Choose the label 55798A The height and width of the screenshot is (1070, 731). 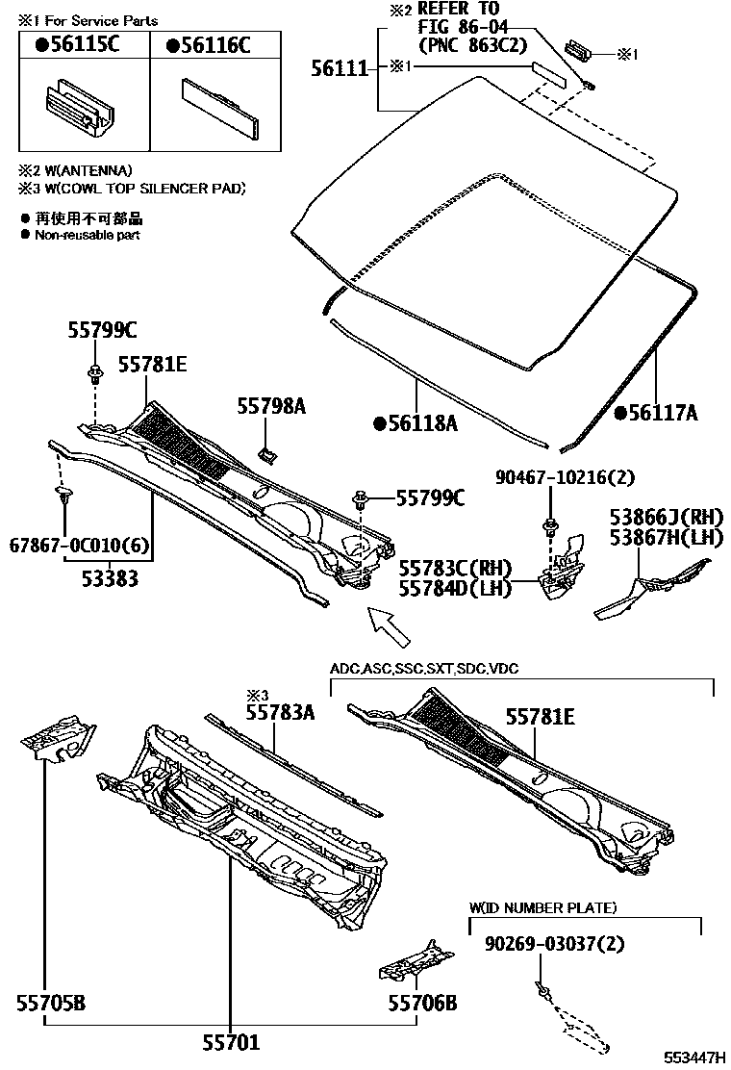coord(271,407)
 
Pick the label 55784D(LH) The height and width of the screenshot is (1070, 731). coord(455,587)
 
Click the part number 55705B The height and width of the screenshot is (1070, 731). coord(50,1004)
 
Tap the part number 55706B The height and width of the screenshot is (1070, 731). coord(422,1004)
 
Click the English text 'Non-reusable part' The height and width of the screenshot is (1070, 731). coord(88,235)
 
